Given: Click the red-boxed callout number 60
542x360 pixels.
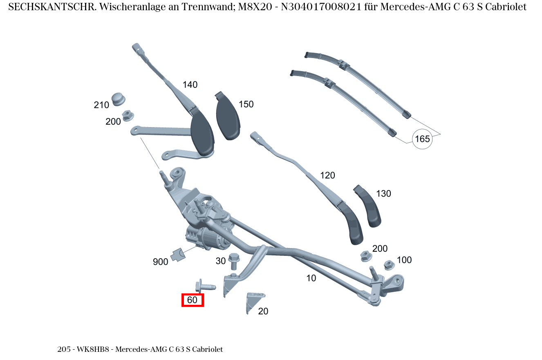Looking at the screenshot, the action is (x=193, y=300).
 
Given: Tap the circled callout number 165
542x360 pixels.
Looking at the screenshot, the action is (x=422, y=139).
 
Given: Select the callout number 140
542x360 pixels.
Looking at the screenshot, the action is (x=190, y=85).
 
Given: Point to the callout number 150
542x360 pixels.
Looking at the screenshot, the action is (x=246, y=104).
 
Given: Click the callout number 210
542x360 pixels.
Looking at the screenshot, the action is (x=101, y=105).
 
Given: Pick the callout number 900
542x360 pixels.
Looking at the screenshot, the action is (x=160, y=262).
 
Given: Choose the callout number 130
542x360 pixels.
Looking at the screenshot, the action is (x=383, y=194).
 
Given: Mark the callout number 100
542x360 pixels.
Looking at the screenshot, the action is (x=404, y=260).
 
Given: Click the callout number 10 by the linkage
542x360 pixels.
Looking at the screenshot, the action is (x=311, y=278).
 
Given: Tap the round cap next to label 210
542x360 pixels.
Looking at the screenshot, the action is (x=118, y=99).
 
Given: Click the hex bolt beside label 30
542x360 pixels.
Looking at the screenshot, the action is (x=234, y=261).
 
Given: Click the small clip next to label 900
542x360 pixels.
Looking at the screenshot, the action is (x=178, y=255).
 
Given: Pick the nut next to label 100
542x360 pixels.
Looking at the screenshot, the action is (x=389, y=265).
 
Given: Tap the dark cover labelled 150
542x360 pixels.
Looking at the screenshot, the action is (x=228, y=116).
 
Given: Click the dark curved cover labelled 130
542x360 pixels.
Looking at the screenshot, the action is (x=367, y=206).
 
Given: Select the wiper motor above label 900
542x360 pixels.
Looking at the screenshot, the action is (x=208, y=238).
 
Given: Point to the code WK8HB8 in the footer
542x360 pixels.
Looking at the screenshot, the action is (x=93, y=349).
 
